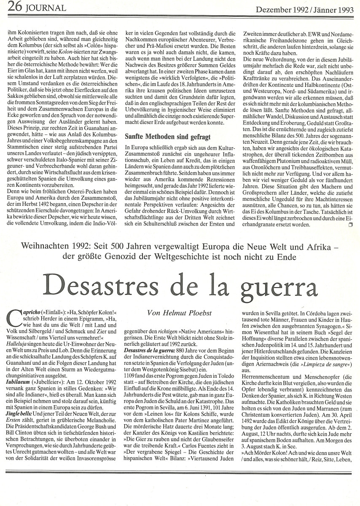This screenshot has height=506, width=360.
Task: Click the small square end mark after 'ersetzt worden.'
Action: (349, 225)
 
